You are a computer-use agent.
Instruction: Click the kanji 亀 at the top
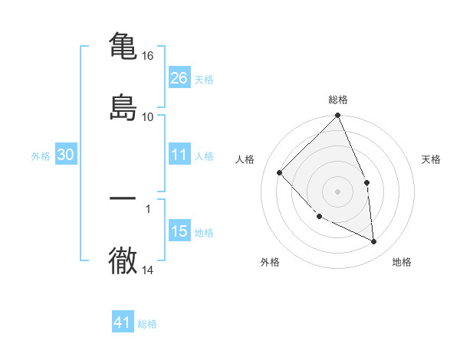pos(123,45)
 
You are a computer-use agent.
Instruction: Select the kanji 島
pos(123,106)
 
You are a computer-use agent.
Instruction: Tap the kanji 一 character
pos(123,198)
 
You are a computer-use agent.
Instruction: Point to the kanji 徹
pos(123,260)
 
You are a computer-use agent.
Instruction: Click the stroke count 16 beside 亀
pos(148,56)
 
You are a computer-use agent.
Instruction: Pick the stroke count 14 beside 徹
pos(148,270)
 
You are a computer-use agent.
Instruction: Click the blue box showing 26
pos(179,77)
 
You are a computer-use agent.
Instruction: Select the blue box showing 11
pos(179,155)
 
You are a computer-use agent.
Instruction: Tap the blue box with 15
pos(179,231)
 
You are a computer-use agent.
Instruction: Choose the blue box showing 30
pos(66,155)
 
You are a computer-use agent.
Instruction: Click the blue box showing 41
pos(123,322)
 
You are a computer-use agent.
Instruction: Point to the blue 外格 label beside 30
pos(41,155)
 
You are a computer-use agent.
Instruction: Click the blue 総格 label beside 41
pos(147,323)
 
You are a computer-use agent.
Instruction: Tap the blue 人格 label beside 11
pos(204,155)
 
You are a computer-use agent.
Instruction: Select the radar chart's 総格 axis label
pos(338,100)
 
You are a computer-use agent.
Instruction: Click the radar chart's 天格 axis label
pos(431,159)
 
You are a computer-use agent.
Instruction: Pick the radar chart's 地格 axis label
pos(402,262)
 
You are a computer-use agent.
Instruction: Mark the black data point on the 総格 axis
pos(338,116)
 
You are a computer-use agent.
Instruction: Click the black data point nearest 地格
pos(374,242)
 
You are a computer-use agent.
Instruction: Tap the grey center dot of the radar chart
pos(338,191)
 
